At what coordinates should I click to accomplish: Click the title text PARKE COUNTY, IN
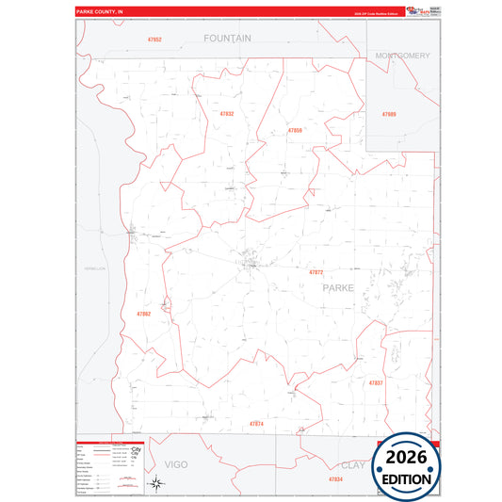pos(99,11)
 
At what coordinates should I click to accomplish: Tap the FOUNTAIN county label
pos(228,39)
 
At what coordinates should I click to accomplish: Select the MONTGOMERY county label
pos(402,56)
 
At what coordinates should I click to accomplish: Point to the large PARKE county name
pos(340,288)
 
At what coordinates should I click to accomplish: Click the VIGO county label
pos(176,465)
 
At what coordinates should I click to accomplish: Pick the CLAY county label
pos(354,465)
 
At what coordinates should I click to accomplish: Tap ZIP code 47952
pos(154,40)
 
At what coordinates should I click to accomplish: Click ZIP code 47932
pos(226,113)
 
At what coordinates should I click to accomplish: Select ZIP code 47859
pos(295,130)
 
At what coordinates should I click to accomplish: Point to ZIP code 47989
pos(389,114)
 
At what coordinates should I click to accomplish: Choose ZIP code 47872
pos(316,272)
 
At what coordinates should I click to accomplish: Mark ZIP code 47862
pos(143,314)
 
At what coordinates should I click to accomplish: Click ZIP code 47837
pos(376,383)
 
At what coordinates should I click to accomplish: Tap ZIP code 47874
pos(256,424)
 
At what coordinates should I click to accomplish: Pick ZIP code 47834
pos(336,479)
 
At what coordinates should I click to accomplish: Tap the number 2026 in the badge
pos(407,458)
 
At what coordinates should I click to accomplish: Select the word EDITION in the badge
pos(407,478)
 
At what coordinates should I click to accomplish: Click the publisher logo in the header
pos(415,10)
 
